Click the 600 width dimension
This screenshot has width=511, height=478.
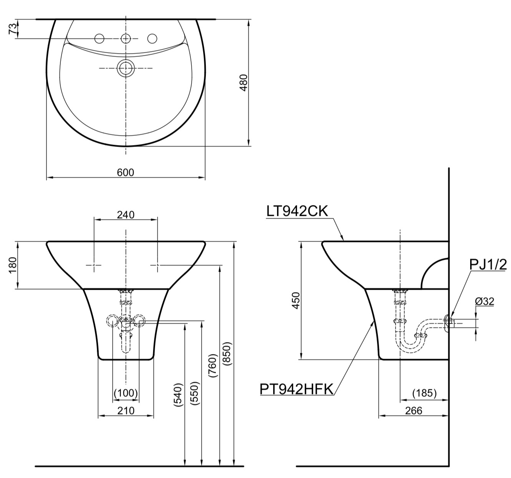click(125, 172)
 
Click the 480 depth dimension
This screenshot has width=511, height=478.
click(244, 83)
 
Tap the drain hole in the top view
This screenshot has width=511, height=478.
click(126, 68)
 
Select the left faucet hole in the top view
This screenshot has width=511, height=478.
click(99, 38)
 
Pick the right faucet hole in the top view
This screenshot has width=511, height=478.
click(152, 38)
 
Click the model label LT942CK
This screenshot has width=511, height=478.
click(297, 211)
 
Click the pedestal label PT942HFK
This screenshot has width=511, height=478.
click(297, 389)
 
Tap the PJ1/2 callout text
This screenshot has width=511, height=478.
click(488, 265)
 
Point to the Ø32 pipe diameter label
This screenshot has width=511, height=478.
click(484, 301)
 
